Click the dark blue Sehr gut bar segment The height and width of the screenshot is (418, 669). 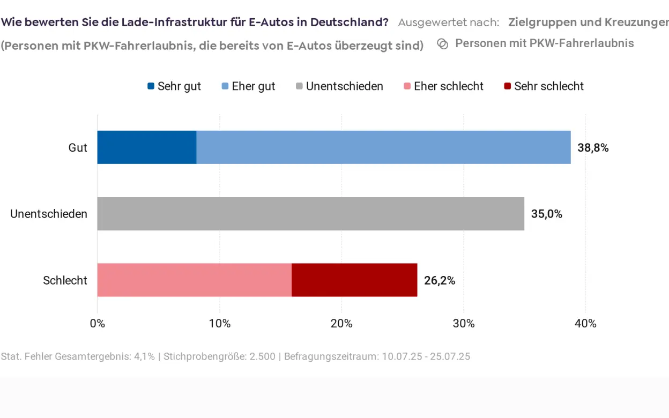[x=146, y=147]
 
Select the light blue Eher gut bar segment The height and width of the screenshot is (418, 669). [x=383, y=147]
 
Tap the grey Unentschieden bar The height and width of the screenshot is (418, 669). [x=310, y=213]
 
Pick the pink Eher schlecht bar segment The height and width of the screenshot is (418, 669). [x=194, y=280]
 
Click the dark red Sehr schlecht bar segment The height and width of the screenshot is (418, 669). [x=354, y=280]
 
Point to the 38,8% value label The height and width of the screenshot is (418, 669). [x=592, y=148]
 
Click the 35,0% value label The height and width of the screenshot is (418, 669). [x=546, y=214]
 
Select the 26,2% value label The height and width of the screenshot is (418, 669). [x=439, y=280]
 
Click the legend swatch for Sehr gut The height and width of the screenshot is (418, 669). [x=151, y=86]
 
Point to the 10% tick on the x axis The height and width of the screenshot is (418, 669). [x=219, y=324]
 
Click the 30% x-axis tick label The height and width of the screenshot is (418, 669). [x=463, y=324]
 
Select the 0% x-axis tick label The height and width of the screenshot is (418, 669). [x=97, y=324]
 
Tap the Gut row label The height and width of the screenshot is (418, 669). [x=78, y=148]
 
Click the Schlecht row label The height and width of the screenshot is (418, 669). [x=65, y=280]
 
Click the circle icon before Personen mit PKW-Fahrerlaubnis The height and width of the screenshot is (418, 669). [x=443, y=44]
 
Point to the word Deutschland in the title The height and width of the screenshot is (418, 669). [x=349, y=23]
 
